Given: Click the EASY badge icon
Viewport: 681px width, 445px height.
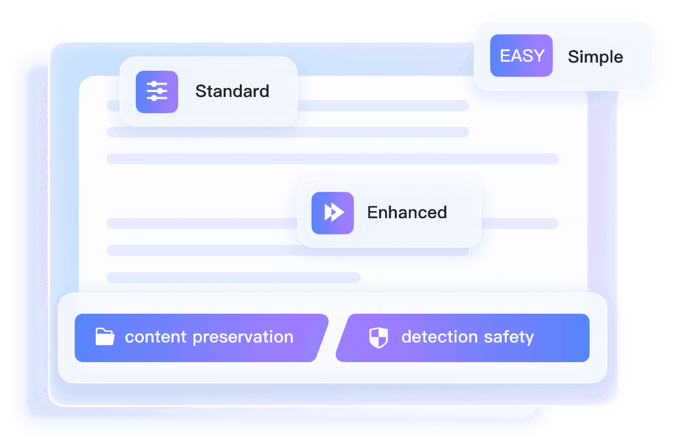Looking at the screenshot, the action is point(521,56).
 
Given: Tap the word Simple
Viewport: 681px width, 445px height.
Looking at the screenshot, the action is point(595,57).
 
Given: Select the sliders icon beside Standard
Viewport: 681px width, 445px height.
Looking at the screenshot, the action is point(157,91).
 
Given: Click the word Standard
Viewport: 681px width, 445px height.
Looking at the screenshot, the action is point(232,91).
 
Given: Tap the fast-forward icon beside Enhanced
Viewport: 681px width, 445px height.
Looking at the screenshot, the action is point(333,213).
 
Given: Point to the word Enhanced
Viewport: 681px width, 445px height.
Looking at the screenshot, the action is point(407,212).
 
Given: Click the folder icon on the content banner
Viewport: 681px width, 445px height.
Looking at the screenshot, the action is point(105,336).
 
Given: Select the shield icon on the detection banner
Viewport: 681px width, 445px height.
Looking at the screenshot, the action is point(379,337).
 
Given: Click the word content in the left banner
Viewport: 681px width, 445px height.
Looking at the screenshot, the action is point(155,337).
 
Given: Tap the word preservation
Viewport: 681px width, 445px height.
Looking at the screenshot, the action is point(243,337).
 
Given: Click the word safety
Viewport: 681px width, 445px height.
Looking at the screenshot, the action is point(509,337).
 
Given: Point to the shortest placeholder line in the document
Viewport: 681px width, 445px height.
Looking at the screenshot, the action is point(234,277).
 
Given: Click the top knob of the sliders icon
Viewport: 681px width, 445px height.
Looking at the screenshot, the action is point(154,84).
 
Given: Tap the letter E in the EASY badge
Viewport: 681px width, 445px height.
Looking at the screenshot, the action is point(505,56).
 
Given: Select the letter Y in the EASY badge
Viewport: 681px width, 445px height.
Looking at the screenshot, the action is point(539,56).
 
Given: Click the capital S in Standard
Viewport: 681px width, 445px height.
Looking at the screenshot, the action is point(200,91).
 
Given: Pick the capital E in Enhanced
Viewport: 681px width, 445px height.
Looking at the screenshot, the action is point(372,212).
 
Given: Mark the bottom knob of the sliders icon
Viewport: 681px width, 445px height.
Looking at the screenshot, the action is point(154,98).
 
